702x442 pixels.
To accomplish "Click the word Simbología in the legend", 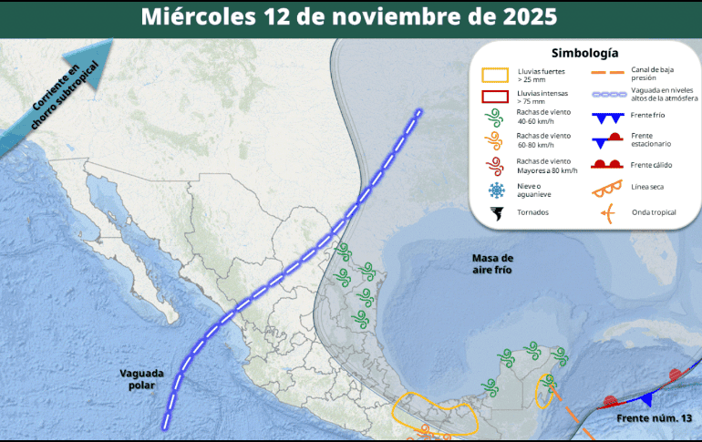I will tap(584, 54).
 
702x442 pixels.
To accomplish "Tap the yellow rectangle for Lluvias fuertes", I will tap(497, 75).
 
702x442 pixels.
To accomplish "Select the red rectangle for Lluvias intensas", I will tap(497, 98).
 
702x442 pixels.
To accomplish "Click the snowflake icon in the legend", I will tap(497, 190).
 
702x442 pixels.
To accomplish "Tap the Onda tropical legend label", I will tap(652, 212).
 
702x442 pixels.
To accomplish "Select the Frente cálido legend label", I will tap(651, 164).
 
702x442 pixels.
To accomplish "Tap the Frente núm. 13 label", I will tap(648, 417).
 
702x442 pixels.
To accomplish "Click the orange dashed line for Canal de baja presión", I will tap(603, 72).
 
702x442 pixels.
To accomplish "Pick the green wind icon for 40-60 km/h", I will tap(497, 118).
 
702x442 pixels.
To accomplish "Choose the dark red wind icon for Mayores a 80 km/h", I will tap(497, 166).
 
